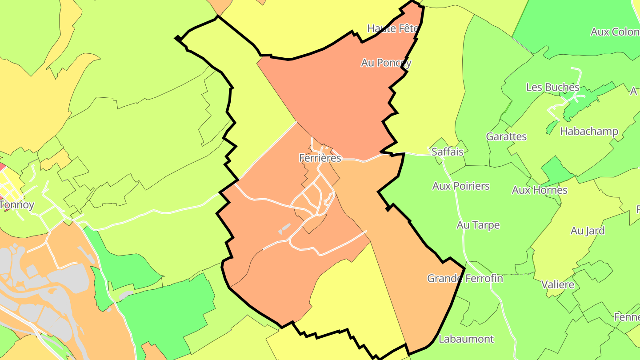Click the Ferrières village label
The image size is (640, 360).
[320, 158]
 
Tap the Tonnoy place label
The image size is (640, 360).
[17, 205]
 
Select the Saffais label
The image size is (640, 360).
[448, 152]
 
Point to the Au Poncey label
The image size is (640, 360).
[386, 63]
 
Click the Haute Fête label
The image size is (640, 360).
[393, 28]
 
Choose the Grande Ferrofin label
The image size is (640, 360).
[465, 278]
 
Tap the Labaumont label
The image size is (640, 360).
[466, 339]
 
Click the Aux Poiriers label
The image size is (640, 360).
[461, 186]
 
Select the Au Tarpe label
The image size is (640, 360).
[478, 225]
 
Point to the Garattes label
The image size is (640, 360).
[506, 136]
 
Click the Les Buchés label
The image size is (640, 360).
[552, 87]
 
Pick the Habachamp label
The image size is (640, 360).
[589, 132]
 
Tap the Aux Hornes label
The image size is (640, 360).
[540, 190]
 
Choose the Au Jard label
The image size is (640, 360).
[588, 231]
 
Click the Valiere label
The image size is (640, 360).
[558, 284]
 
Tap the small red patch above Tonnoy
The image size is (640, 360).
[2, 167]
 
